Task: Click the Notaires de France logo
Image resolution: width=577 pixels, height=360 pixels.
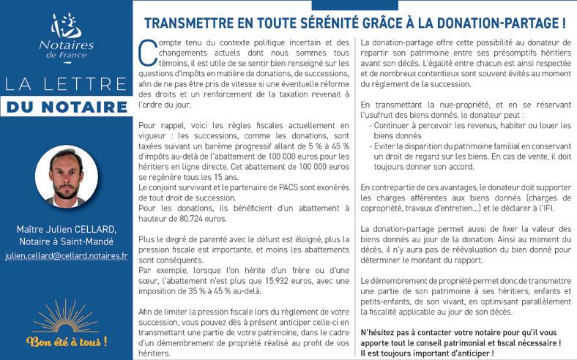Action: (x=66, y=34)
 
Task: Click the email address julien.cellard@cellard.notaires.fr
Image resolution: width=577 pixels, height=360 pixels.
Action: (x=66, y=257)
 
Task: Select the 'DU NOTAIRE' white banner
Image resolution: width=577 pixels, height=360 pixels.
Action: (x=67, y=107)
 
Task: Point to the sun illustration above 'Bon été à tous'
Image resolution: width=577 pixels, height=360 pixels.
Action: (x=66, y=315)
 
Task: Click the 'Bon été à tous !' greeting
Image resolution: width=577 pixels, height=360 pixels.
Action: (x=66, y=341)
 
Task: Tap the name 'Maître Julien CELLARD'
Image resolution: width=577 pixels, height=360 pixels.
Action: (x=66, y=230)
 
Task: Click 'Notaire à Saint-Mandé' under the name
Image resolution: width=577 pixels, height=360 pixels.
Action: (x=66, y=242)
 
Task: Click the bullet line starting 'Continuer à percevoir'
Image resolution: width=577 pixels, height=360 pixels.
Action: (x=469, y=125)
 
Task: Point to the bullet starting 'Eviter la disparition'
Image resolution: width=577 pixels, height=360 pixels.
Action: (x=469, y=146)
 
